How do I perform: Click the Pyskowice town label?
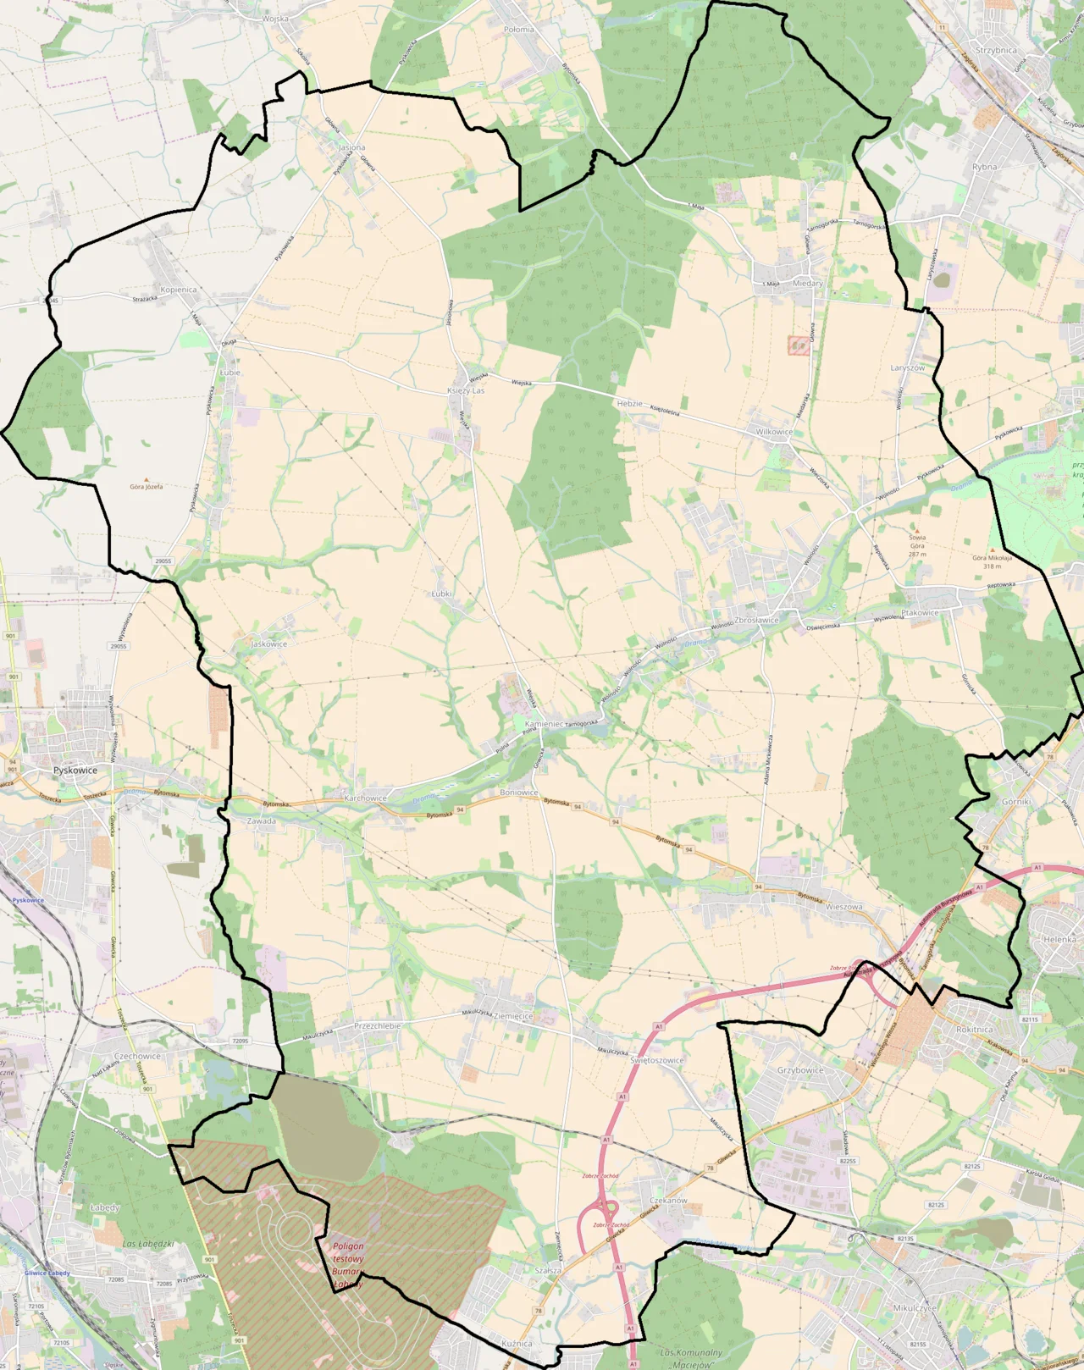pos(75,771)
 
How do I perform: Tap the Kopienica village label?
pos(179,290)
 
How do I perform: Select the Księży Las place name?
pos(466,390)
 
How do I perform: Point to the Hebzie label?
pos(629,404)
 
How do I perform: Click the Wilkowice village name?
pos(774,432)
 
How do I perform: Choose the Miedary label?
pos(808,284)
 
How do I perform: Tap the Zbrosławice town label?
pos(756,620)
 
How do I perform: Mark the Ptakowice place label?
pos(920,613)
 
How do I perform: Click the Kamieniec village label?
pos(544,724)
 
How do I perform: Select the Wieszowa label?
pos(843,907)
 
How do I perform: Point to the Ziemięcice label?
pos(513,1016)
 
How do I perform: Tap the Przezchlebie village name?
pos(378,1025)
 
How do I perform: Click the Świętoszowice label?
pos(657,1060)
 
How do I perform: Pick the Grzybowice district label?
pos(800,1070)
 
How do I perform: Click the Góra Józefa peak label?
pos(147,487)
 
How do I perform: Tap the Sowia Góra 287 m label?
pos(917,545)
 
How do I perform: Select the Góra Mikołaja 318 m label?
pos(992,561)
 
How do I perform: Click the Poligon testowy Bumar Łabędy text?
pos(348,1265)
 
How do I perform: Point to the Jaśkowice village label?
pos(269,644)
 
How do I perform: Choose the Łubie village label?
pos(230,373)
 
